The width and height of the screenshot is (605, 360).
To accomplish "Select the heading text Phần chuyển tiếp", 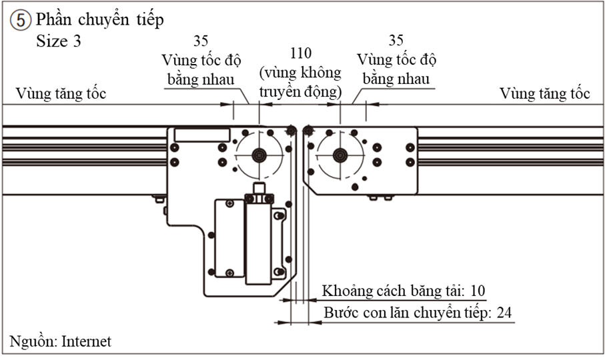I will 100,19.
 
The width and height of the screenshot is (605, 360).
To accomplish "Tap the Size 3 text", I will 59,41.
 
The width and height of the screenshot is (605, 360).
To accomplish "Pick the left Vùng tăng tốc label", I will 62,93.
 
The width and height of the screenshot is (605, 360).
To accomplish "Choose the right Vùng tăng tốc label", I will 545,93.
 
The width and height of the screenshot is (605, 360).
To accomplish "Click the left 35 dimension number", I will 199,41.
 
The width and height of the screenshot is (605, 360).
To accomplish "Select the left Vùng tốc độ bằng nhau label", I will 199,70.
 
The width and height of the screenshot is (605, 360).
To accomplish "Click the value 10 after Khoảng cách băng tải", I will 478,291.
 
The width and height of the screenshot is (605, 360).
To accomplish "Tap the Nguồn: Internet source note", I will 60,341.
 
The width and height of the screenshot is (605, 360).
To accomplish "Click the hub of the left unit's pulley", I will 259,155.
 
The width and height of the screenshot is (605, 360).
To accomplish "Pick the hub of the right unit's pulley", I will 340,155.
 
